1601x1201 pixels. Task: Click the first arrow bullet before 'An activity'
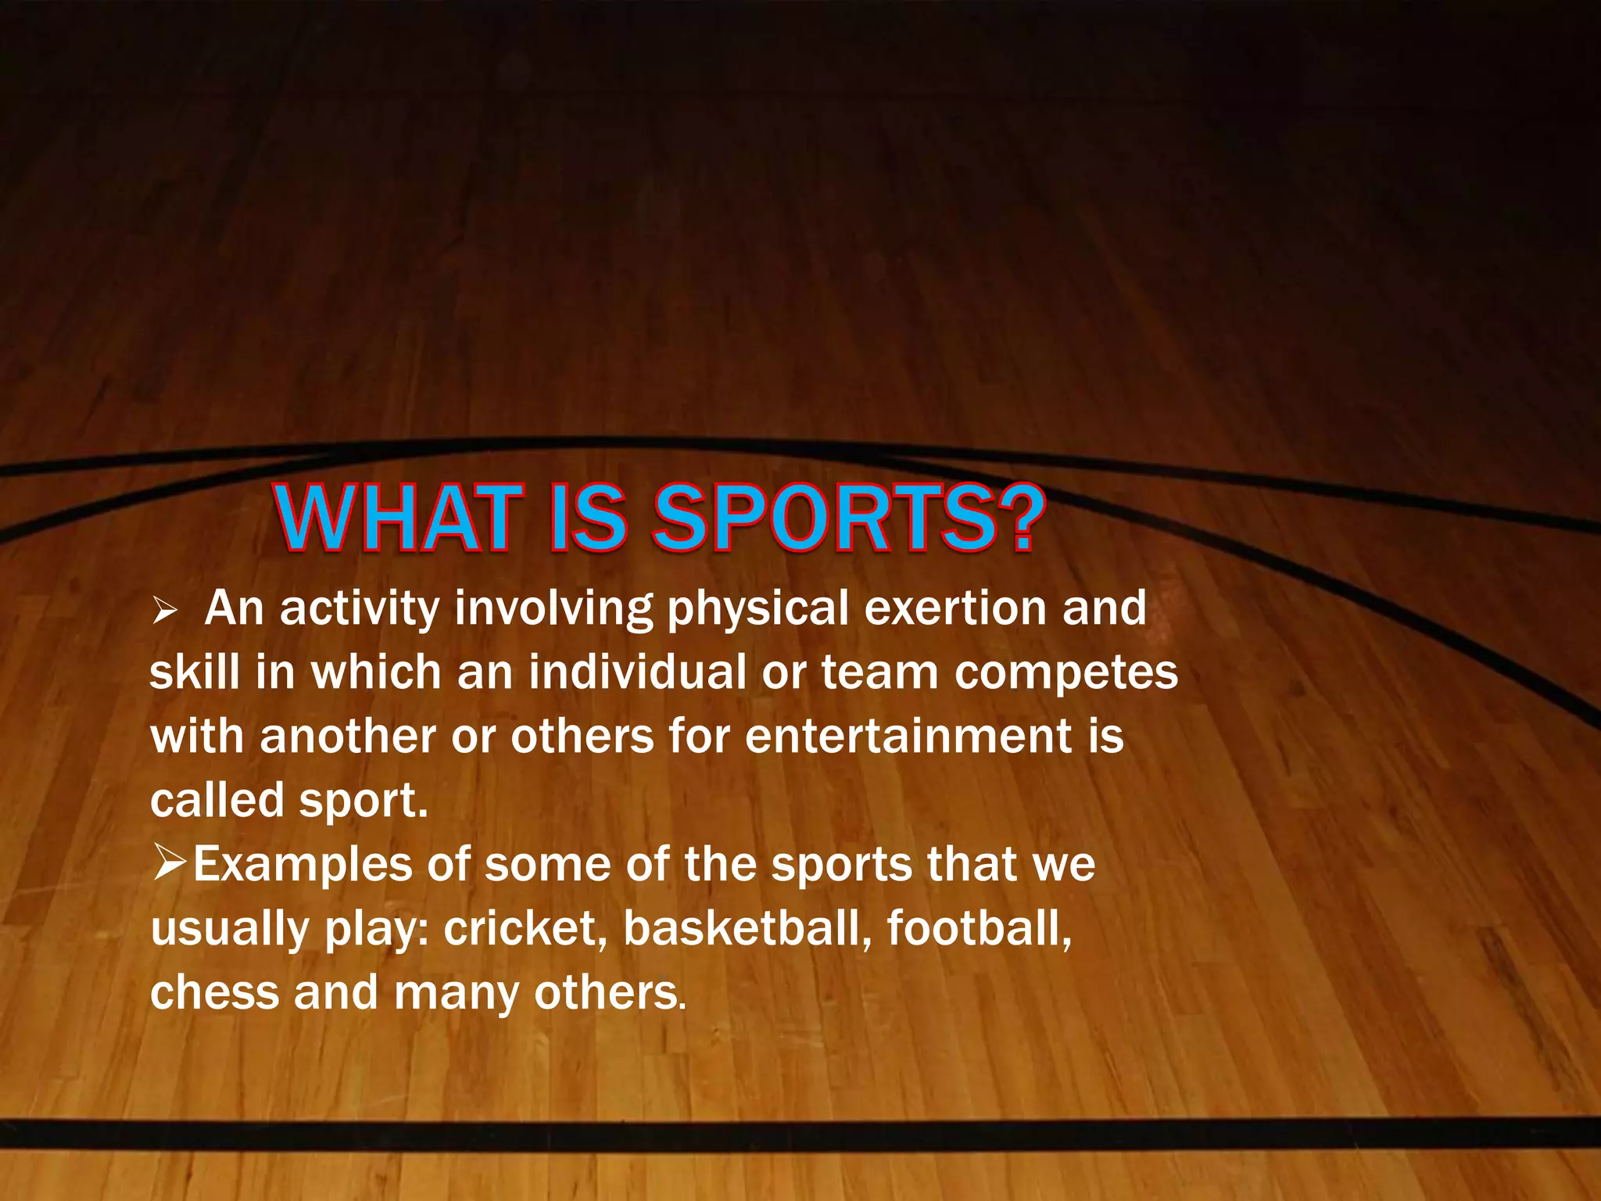pos(165,610)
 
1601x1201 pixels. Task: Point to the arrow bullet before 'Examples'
pos(170,863)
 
